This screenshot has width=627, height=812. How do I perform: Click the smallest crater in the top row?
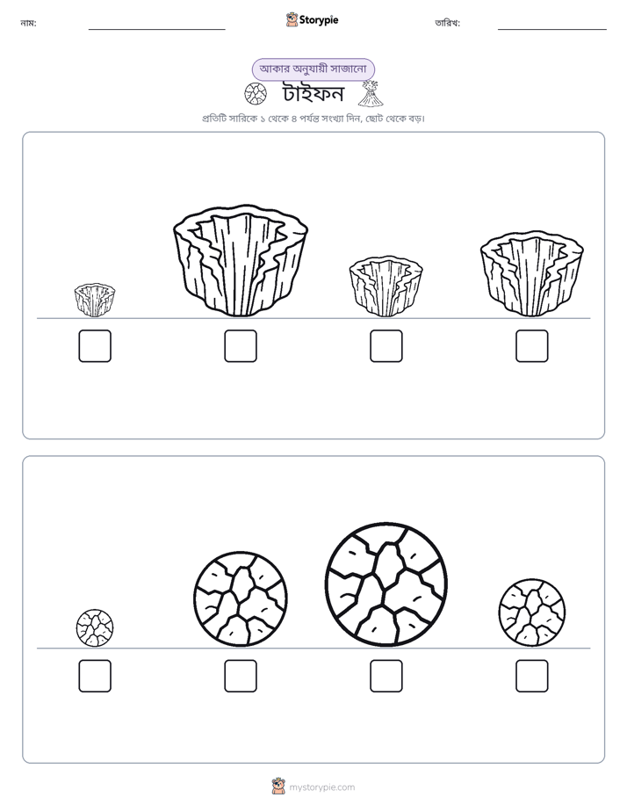(x=95, y=300)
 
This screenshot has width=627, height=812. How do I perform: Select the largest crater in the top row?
(x=241, y=260)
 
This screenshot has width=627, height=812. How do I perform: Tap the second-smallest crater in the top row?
(x=386, y=286)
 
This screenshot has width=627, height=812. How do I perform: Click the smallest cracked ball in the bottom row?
(x=95, y=627)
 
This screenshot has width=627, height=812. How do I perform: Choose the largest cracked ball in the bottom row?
(x=386, y=584)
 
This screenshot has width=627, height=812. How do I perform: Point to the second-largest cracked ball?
(x=241, y=598)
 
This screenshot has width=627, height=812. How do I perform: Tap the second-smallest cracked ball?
(x=532, y=613)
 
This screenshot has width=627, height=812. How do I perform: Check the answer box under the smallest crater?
(x=95, y=346)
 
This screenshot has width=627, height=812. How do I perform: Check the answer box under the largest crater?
(x=241, y=346)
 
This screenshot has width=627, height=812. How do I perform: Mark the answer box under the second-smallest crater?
(x=386, y=346)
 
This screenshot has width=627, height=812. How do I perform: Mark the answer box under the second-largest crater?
(x=532, y=346)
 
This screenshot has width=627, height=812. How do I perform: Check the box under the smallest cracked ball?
(x=95, y=676)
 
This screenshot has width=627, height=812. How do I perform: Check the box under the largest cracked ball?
(x=386, y=676)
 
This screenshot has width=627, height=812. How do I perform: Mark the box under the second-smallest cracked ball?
(x=532, y=676)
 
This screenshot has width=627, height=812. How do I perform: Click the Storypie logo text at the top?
(x=319, y=20)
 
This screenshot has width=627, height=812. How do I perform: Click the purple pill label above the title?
(x=313, y=69)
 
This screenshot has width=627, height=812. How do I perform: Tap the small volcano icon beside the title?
(x=371, y=93)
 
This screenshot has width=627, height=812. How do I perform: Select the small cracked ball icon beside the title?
(x=256, y=94)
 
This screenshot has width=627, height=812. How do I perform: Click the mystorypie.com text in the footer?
(x=321, y=787)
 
